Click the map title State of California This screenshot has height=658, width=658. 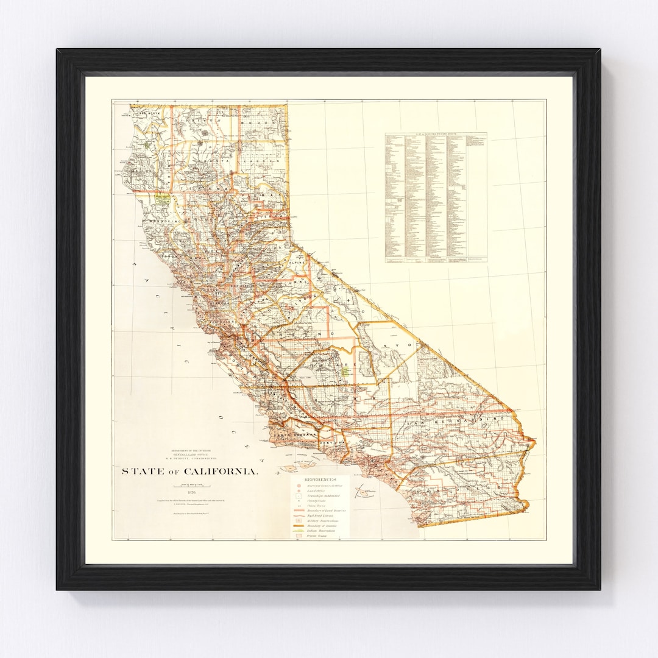[189, 472]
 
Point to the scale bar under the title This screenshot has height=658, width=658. [189, 485]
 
